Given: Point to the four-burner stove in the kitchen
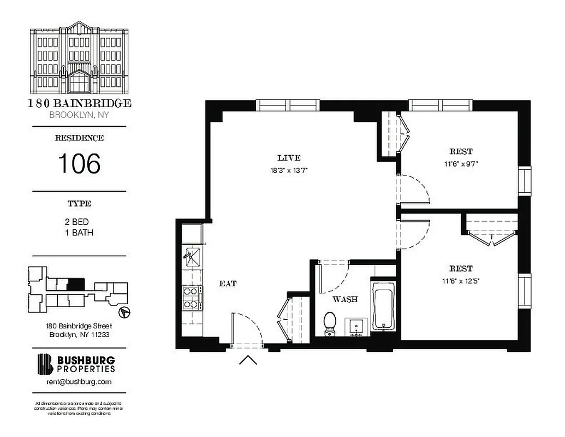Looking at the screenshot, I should (x=191, y=298).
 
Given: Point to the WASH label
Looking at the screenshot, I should (x=345, y=299).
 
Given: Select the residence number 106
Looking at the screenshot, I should (x=79, y=163).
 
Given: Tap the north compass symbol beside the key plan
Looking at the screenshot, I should (x=125, y=312).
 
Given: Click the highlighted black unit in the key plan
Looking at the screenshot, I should (x=75, y=285).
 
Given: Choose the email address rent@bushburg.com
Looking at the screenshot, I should (x=79, y=382).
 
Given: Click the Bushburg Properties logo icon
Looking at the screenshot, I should (x=45, y=364).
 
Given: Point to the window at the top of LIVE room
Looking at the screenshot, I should (x=288, y=105).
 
